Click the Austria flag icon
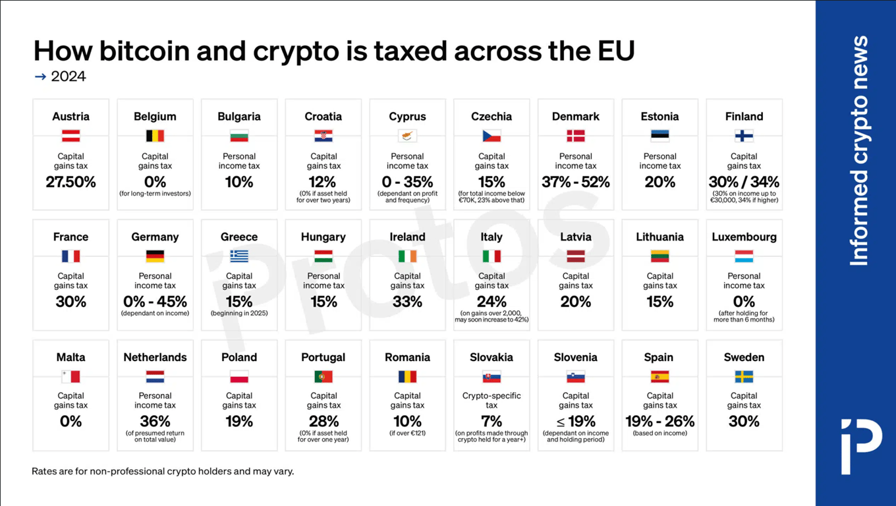(70, 136)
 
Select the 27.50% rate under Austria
(70, 183)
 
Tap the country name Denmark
(575, 117)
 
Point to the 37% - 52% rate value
(575, 183)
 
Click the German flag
(155, 256)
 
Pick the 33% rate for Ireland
(407, 302)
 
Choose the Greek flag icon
(239, 256)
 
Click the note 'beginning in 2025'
(239, 314)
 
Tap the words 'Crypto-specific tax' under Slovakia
(491, 401)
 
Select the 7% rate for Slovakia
(491, 422)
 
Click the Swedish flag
(744, 377)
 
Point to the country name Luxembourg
(744, 237)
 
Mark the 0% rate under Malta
(70, 422)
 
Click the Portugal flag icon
(323, 377)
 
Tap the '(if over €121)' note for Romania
(407, 434)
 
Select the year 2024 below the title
(68, 76)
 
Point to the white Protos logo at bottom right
(860, 445)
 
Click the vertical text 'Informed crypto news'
(858, 152)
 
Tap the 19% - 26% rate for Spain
(659, 422)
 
